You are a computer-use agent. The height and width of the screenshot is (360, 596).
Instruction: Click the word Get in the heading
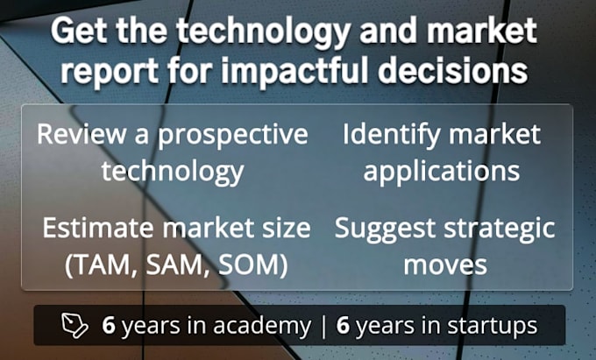point(79,32)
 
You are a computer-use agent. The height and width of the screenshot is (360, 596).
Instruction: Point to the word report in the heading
point(110,72)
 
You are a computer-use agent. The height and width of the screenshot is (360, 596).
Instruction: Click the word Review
point(82,134)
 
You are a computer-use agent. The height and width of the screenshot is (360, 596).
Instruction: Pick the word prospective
point(232,136)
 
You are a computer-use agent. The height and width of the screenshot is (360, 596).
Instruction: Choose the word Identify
point(392,135)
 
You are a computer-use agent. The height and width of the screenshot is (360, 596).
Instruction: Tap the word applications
point(441,172)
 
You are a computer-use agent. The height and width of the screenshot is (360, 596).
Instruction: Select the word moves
point(445,265)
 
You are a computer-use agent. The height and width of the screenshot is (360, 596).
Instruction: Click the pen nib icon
point(74,326)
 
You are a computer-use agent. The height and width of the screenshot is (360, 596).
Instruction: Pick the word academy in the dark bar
point(261,327)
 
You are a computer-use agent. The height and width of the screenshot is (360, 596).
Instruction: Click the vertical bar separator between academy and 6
point(323,327)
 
